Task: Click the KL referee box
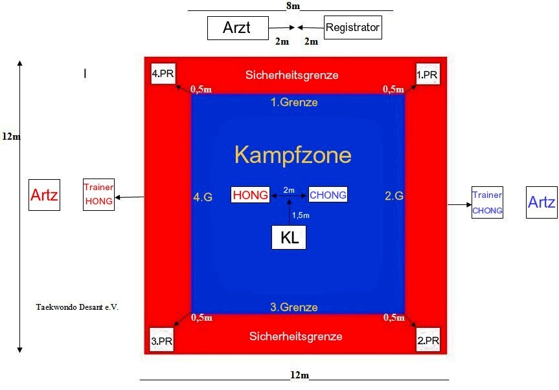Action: coord(289,237)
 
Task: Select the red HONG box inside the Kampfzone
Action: coord(250,195)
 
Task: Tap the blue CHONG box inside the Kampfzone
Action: coord(328,195)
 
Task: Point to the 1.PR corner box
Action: coord(428,74)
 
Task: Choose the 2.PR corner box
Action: coord(428,340)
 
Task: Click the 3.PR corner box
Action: coord(161,340)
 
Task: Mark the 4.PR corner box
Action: coord(163,74)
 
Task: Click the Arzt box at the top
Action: coord(238,28)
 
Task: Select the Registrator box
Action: coord(353,27)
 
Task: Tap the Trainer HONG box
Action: coord(98,195)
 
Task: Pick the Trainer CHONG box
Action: coord(487,202)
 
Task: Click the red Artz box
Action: coord(44,195)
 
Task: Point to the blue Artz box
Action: coord(542,202)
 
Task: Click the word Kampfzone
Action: coord(293,155)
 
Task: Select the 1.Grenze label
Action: coord(294,102)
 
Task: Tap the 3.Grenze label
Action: coord(294,307)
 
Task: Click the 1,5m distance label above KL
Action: coord(301,215)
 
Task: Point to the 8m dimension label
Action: coord(293,6)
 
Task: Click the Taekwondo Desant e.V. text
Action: coord(77,307)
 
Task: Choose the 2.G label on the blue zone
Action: coord(394,196)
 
